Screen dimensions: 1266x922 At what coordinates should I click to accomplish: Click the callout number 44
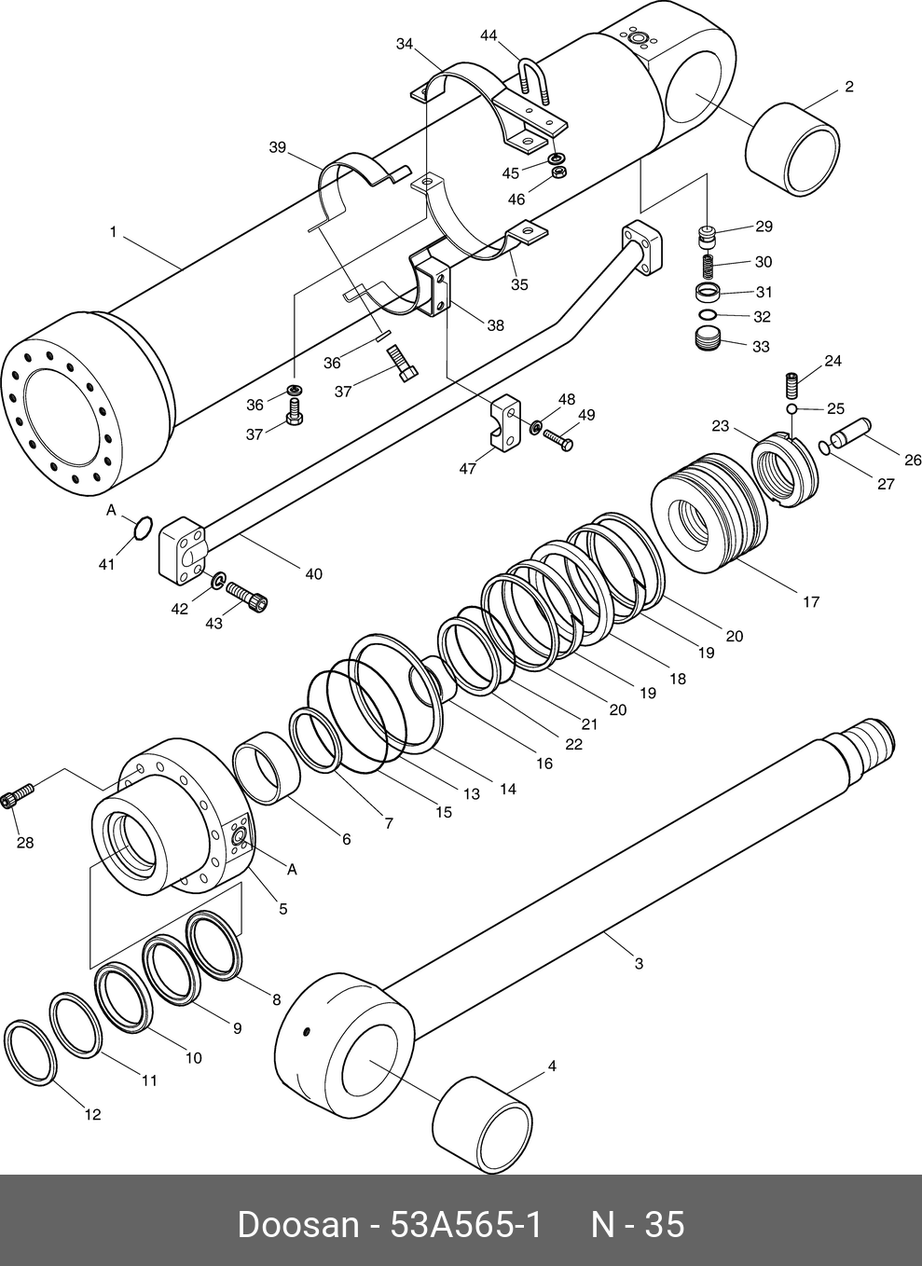pos(489,35)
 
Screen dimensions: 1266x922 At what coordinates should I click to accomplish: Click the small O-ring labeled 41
pos(142,529)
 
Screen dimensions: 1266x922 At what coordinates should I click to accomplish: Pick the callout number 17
pos(811,601)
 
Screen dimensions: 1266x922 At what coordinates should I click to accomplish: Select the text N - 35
pos(638,1224)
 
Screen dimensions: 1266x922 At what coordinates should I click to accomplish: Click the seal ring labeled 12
pos(28,1053)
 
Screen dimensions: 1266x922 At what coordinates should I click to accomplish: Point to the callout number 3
pos(639,963)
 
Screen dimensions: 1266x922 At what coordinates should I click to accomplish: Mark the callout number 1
pos(113,231)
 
